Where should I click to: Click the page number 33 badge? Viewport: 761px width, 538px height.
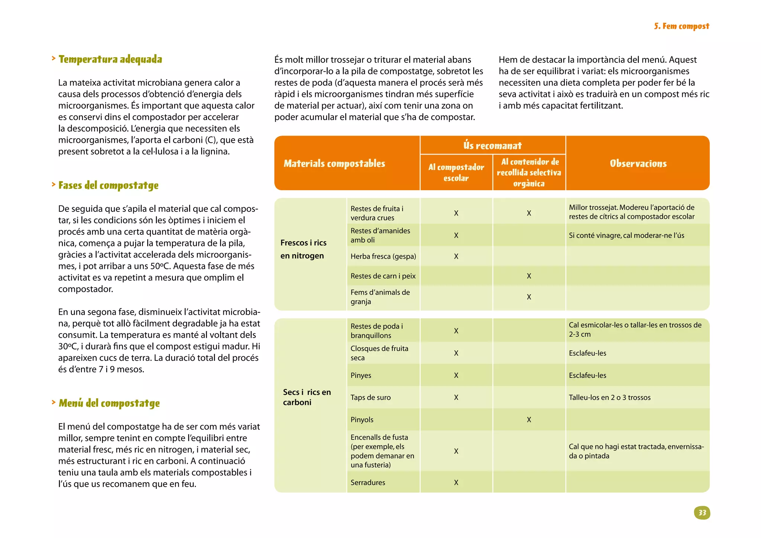702,513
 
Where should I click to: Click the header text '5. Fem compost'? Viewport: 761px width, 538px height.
681,26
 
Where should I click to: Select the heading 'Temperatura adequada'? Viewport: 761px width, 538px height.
110,59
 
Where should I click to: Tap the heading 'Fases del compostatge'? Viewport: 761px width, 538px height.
108,185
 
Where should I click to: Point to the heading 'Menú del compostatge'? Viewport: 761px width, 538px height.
109,403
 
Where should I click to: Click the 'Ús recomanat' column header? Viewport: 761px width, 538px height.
492,145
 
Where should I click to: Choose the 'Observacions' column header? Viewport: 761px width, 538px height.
638,163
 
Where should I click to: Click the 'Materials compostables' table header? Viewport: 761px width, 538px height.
334,163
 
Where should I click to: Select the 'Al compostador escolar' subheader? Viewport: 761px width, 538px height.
456,172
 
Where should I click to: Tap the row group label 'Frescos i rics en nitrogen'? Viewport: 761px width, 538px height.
303,249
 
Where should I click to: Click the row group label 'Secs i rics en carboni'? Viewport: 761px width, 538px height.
307,397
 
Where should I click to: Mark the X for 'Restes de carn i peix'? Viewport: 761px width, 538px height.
529,276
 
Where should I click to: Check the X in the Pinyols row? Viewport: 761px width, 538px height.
529,419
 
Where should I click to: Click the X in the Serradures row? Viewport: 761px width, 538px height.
456,482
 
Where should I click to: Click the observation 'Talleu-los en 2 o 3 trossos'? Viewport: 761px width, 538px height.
609,397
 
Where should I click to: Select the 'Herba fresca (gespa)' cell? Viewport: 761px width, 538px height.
383,256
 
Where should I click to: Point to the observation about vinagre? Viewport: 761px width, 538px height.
626,235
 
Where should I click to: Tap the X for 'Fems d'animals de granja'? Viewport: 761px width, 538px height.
529,297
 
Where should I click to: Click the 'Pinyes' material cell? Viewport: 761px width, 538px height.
361,375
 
